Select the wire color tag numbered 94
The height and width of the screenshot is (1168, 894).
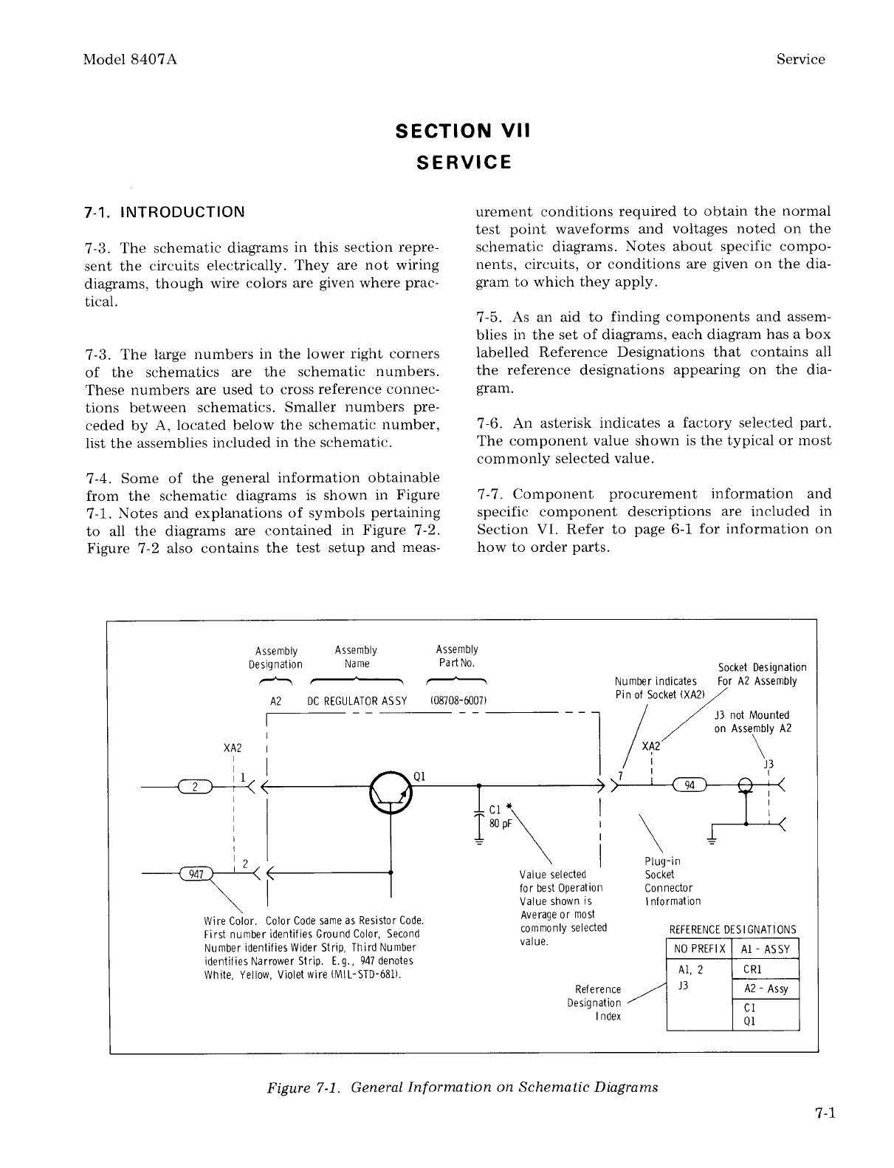(690, 785)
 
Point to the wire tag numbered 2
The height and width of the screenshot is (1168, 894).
(194, 785)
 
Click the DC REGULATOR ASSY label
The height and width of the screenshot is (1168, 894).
(357, 700)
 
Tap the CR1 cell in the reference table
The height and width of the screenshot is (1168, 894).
(753, 969)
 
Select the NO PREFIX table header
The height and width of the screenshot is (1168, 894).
(698, 949)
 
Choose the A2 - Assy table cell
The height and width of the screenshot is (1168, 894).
(766, 988)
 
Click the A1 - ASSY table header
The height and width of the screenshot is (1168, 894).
(765, 949)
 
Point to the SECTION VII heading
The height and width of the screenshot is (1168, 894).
(463, 131)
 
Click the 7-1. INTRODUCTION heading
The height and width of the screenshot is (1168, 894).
(165, 213)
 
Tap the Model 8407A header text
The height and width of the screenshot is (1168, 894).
(131, 60)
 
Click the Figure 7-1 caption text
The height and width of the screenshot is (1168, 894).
(462, 1087)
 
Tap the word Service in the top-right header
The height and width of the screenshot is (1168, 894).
(800, 60)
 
